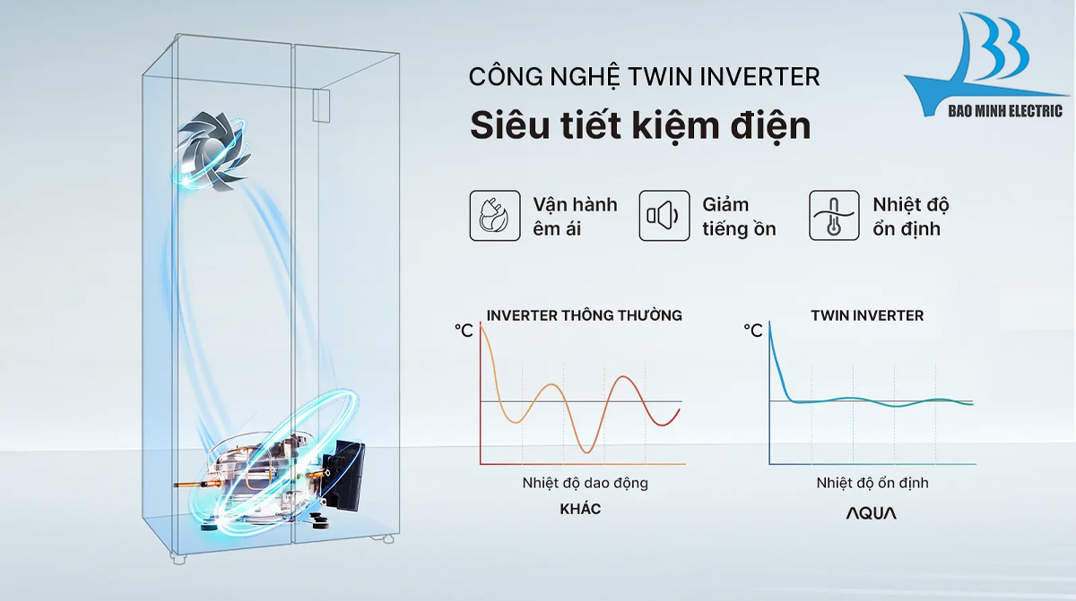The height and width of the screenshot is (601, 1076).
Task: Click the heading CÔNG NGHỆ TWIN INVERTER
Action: [x=644, y=77]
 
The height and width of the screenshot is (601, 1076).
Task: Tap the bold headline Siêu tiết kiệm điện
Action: [x=640, y=125]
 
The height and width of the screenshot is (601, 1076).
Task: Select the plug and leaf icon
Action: [x=495, y=216]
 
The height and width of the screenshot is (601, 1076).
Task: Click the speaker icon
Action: [x=664, y=216]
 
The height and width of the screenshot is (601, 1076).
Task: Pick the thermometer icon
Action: [x=834, y=216]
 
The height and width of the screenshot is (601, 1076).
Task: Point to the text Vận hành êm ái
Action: [x=575, y=216]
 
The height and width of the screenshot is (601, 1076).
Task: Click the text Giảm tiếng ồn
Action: [x=739, y=216]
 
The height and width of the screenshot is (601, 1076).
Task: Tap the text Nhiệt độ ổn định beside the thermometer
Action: [x=910, y=216]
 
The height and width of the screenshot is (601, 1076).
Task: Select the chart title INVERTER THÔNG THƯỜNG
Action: [x=584, y=315]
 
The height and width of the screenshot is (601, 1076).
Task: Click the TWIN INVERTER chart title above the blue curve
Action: [x=867, y=315]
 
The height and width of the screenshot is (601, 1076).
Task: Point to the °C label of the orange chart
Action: [x=464, y=331]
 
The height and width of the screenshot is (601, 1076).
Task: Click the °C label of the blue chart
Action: [x=753, y=331]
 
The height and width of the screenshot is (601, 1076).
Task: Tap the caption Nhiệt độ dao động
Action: [x=585, y=483]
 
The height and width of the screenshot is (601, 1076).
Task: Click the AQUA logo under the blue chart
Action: [x=872, y=513]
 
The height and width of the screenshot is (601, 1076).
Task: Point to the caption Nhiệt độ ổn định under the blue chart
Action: [x=872, y=483]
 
